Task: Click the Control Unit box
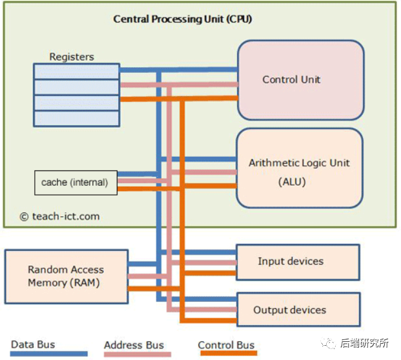[301, 80]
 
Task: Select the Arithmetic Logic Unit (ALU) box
[300, 168]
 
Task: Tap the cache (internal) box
[76, 183]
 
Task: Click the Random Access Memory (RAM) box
[67, 276]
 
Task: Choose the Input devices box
[298, 262]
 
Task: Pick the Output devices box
[298, 310]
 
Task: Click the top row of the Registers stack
[76, 71]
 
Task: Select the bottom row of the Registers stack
[76, 119]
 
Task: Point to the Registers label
[72, 57]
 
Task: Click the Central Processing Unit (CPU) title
[183, 19]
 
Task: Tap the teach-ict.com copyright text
[59, 216]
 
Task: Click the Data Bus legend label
[33, 345]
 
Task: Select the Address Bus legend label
[134, 345]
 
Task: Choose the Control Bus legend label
[226, 345]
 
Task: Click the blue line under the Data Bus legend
[49, 354]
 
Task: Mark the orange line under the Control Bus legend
[229, 353]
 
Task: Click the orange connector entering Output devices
[209, 321]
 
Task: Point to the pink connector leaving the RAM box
[147, 276]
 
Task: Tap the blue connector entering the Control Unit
[178, 70]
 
